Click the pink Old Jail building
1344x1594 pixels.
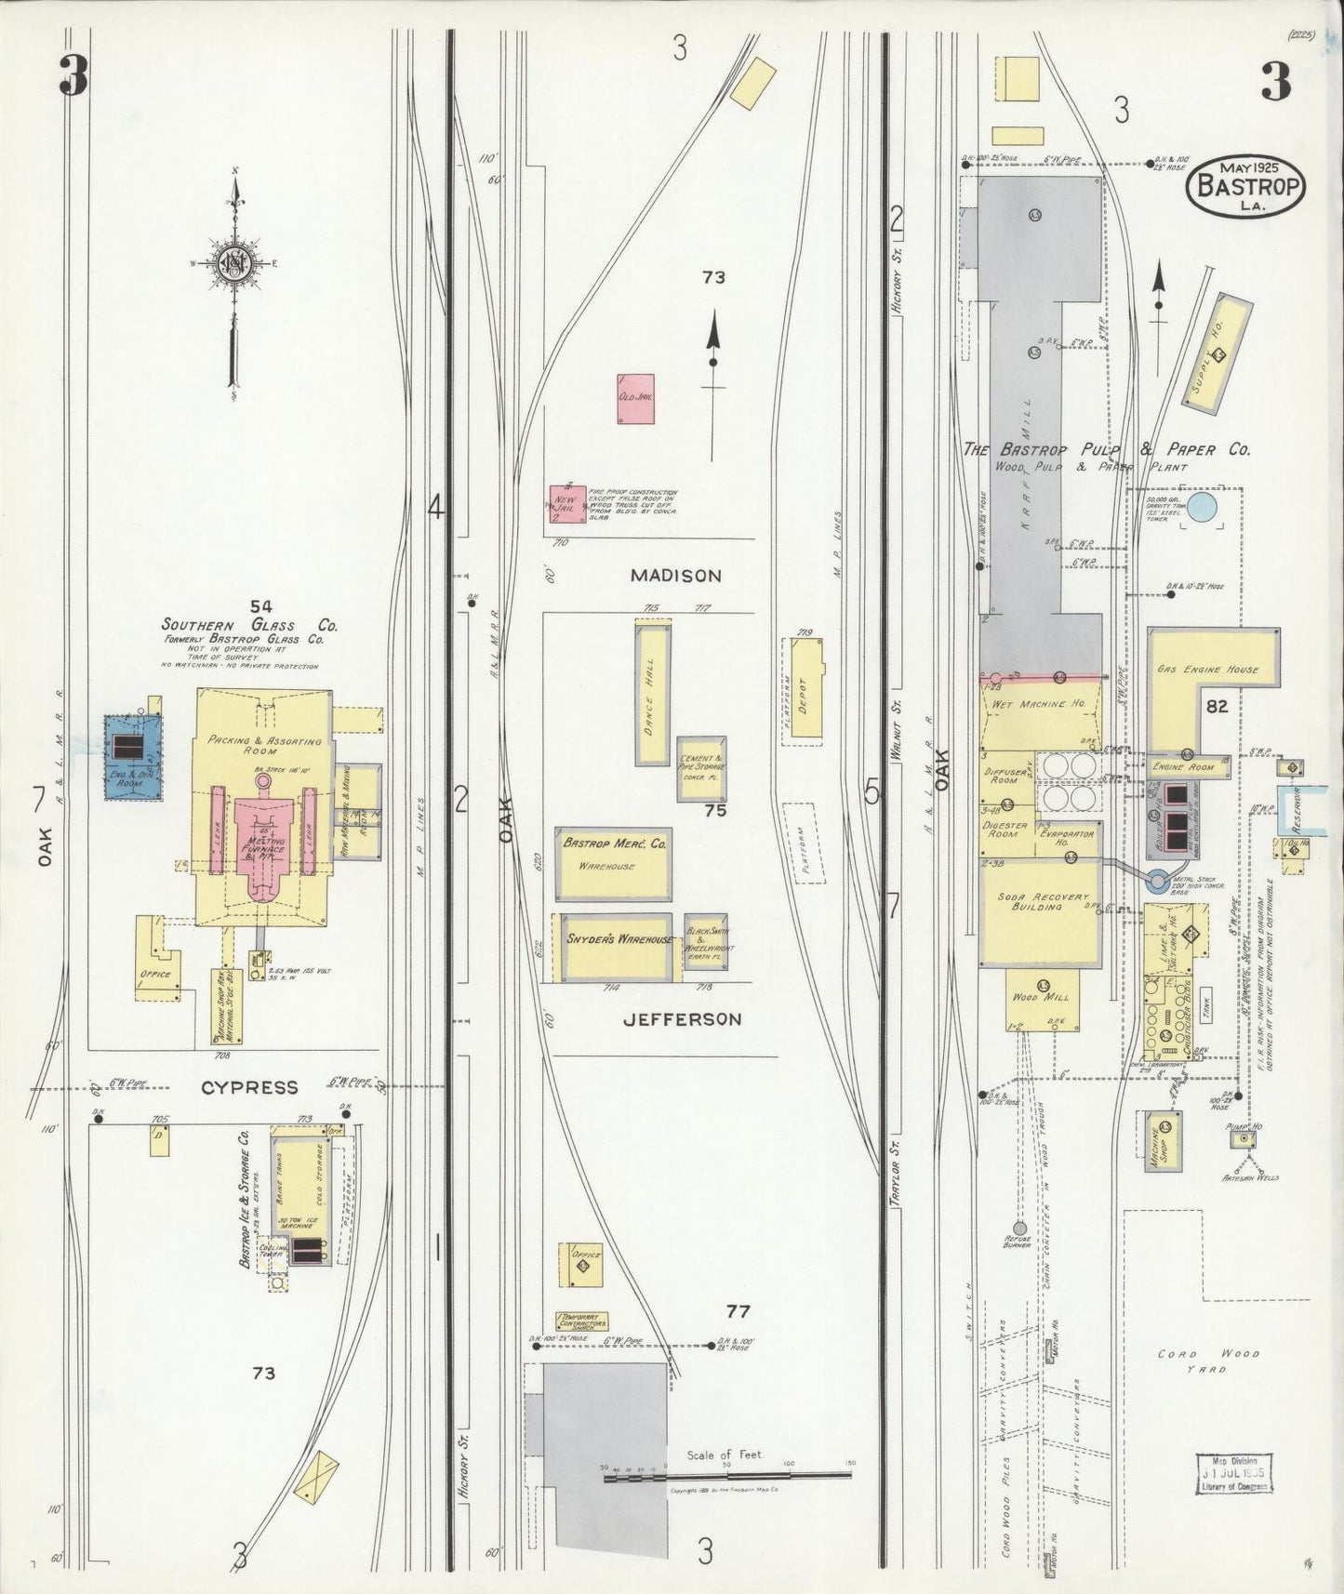(635, 398)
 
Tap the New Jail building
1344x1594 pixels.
(566, 510)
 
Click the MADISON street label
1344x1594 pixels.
(675, 576)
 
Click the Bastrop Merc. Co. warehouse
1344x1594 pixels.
(613, 863)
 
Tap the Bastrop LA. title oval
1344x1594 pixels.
(1245, 186)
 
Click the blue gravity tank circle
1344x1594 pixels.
(1203, 507)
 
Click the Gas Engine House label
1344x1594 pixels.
(1207, 669)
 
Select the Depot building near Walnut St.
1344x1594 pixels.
(805, 688)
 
